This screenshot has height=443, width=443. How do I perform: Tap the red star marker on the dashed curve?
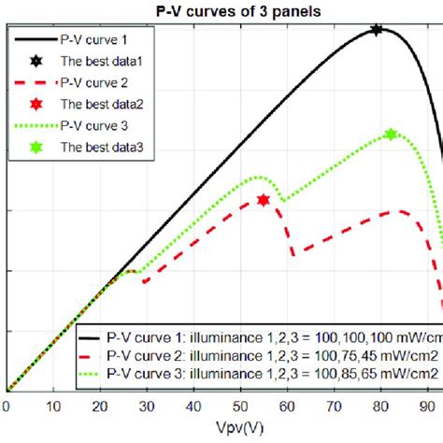click(264, 200)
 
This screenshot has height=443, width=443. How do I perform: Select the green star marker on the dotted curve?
click(391, 136)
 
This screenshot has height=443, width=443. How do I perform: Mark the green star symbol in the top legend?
click(36, 147)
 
